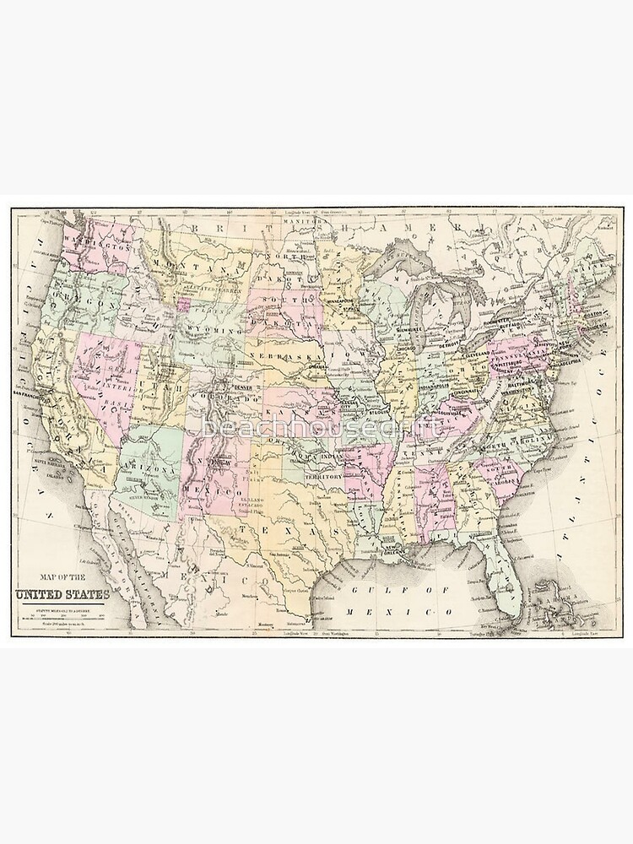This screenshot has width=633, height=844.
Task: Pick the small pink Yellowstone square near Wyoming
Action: (x=182, y=300)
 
